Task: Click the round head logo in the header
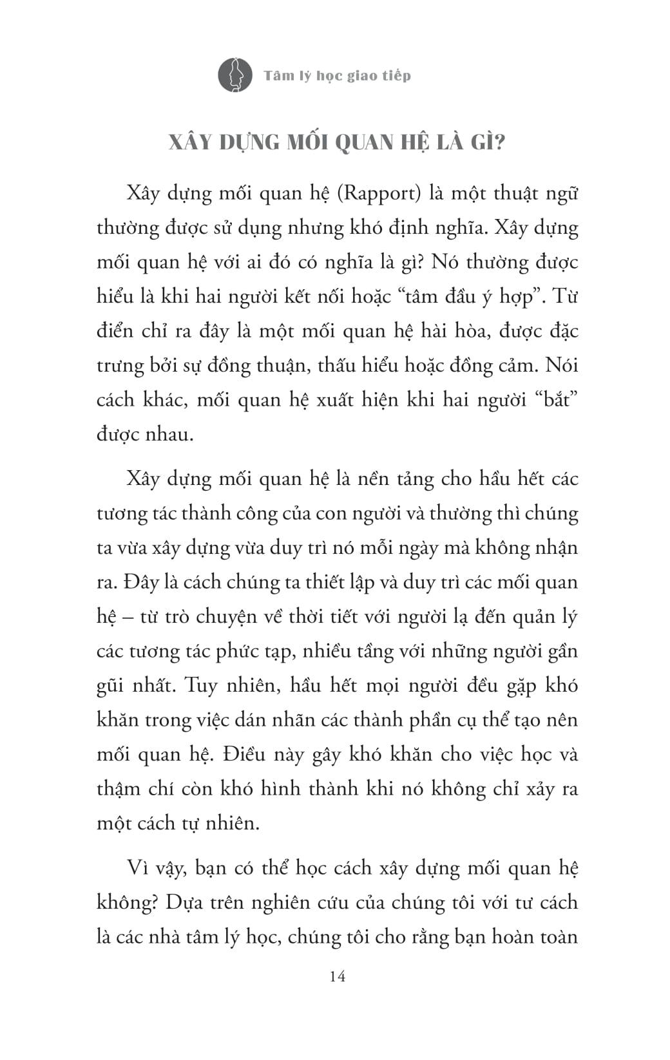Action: (x=235, y=75)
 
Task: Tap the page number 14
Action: (x=337, y=976)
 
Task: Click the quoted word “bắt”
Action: (x=556, y=400)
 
